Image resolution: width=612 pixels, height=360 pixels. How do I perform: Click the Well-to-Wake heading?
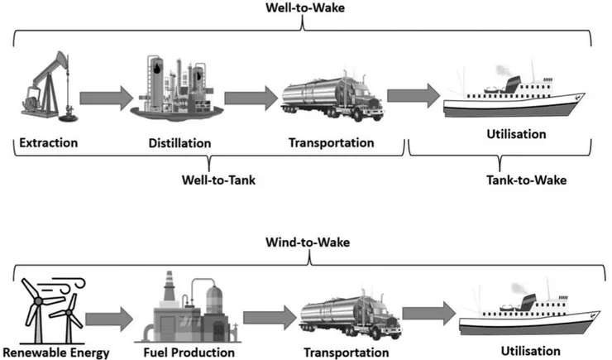(305, 9)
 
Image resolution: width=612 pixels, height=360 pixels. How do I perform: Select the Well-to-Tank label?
(213, 178)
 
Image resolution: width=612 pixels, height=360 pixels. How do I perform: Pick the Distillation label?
(179, 142)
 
